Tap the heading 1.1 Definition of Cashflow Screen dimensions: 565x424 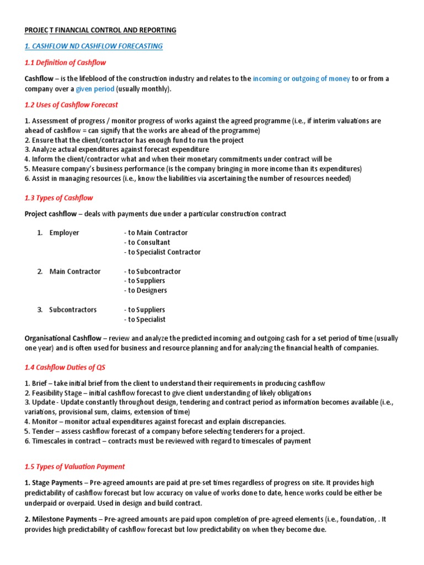coord(65,62)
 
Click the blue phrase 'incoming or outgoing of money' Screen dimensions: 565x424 coord(301,79)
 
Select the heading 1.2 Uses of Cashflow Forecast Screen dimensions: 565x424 coord(71,104)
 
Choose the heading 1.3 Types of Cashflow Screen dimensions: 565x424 coord(59,198)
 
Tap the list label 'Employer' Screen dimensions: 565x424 coord(64,233)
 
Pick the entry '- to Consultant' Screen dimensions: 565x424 coord(147,242)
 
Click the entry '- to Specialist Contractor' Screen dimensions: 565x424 coord(162,252)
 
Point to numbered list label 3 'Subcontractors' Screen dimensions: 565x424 coord(73,310)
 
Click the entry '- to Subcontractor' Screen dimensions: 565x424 coord(152,271)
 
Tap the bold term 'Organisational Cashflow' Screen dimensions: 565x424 coord(63,338)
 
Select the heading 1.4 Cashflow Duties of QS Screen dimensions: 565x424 coord(65,367)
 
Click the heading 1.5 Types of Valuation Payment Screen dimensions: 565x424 coord(75,467)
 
